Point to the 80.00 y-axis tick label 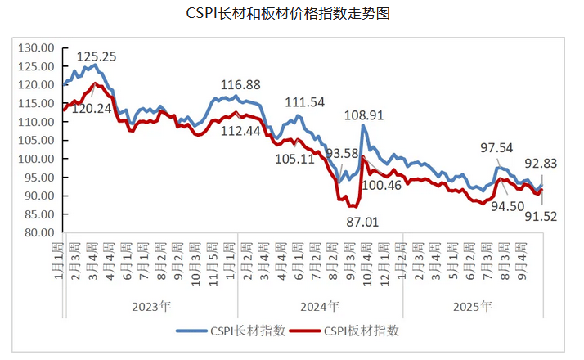click(38, 232)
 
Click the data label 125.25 click(97, 56)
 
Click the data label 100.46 click(381, 186)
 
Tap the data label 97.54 click(497, 147)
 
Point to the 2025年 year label click(473, 307)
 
